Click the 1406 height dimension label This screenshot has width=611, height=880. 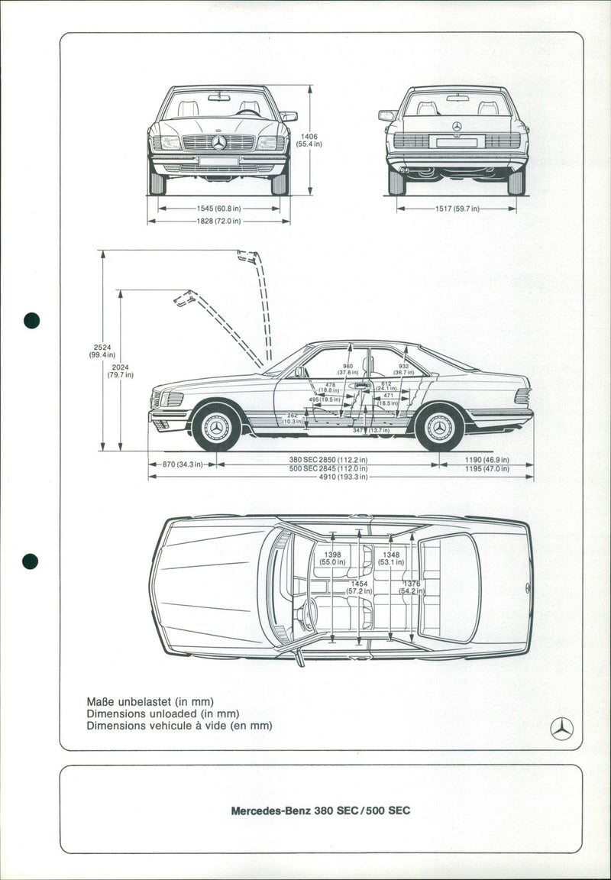(x=308, y=141)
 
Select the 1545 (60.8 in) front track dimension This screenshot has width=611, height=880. (x=219, y=208)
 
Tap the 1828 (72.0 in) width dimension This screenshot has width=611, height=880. (x=218, y=222)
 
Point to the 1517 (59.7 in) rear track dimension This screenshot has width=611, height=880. (x=456, y=208)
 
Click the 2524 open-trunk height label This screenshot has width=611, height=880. (x=102, y=351)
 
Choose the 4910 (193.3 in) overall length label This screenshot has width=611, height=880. (x=338, y=477)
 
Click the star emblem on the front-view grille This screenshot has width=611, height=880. (x=219, y=142)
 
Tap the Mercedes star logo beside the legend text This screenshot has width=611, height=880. (x=561, y=729)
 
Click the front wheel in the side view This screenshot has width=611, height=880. (x=216, y=427)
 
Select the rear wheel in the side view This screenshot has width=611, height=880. (x=440, y=427)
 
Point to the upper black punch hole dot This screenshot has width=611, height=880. (x=31, y=320)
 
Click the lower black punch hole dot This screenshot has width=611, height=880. (x=31, y=561)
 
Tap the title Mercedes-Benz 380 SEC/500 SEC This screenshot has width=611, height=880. (x=321, y=810)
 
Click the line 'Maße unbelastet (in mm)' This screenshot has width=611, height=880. (x=150, y=701)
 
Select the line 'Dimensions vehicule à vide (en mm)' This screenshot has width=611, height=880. (x=179, y=726)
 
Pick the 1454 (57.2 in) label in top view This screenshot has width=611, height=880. (x=359, y=587)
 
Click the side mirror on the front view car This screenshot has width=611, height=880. (x=288, y=116)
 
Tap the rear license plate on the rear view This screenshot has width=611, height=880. (x=456, y=142)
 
